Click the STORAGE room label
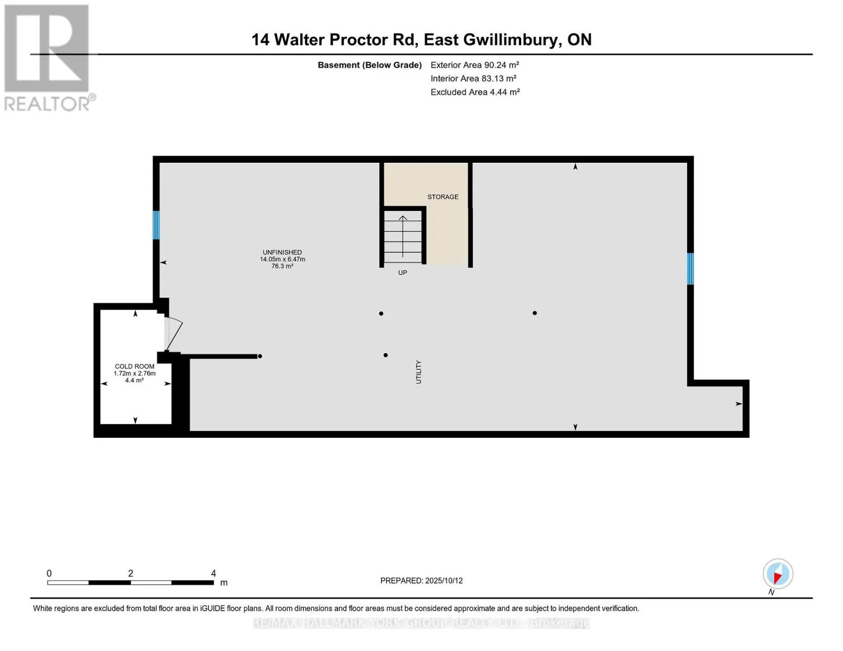(x=442, y=197)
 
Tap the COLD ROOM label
(x=135, y=366)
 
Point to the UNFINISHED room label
(x=282, y=252)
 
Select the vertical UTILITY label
(x=419, y=372)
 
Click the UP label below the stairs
(x=402, y=273)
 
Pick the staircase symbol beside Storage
(x=403, y=237)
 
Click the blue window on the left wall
(x=156, y=225)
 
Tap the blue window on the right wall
(x=690, y=269)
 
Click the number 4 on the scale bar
(x=213, y=573)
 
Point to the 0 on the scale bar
(x=49, y=573)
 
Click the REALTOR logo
(x=48, y=57)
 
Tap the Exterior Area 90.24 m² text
(x=474, y=65)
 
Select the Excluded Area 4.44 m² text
(x=475, y=92)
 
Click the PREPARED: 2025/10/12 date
(x=421, y=580)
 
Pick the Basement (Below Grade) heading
(x=370, y=65)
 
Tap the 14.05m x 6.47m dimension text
(x=282, y=259)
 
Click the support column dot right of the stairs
(x=535, y=313)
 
